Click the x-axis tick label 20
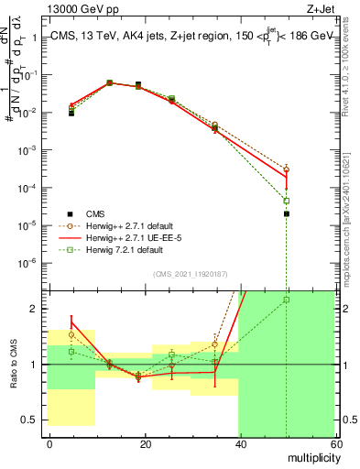coord(146,443)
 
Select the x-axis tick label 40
coord(240,443)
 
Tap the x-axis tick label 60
coord(335,443)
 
